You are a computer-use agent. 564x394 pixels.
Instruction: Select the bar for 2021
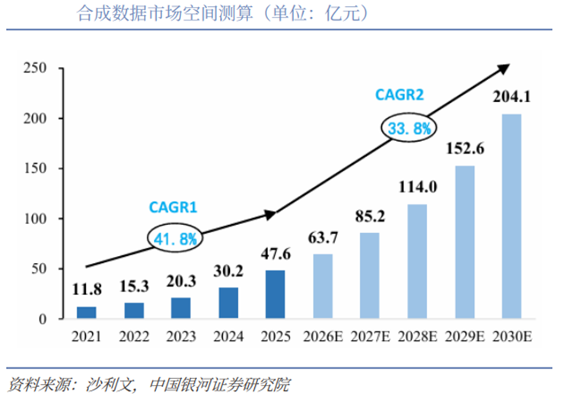87,312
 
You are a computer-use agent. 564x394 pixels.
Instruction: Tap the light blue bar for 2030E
511,216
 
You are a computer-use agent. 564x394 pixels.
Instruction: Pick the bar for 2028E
417,261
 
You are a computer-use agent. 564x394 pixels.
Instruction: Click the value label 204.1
511,97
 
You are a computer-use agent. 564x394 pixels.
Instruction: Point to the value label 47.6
276,253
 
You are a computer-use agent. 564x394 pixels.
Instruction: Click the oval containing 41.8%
175,239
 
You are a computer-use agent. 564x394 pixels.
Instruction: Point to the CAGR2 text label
399,95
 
